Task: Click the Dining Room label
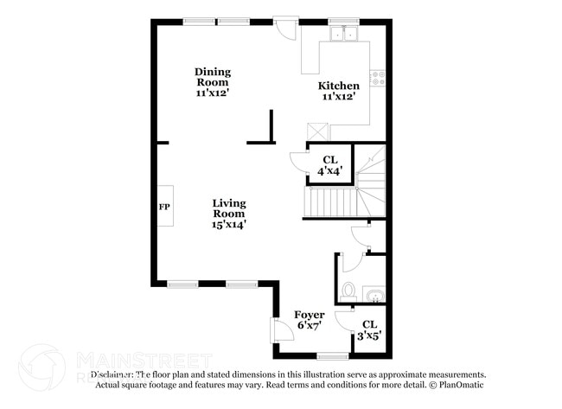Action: pos(212,80)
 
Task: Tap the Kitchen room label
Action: pos(339,91)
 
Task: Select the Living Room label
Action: pos(229,214)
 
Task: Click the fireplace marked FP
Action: pos(163,207)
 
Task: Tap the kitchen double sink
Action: pos(344,35)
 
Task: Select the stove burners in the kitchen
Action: pos(377,78)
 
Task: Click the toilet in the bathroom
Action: pos(348,291)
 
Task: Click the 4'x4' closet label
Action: pos(330,165)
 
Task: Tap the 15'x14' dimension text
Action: pos(229,225)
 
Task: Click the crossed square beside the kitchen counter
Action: pos(317,131)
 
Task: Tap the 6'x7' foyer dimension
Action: pos(310,326)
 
